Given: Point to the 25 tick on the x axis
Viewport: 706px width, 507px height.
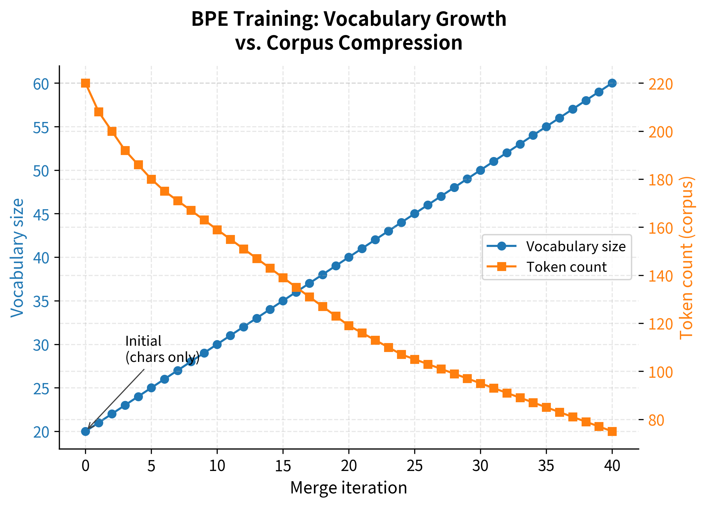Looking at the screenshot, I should [x=415, y=466].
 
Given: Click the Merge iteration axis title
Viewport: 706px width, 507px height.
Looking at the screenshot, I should [x=348, y=488].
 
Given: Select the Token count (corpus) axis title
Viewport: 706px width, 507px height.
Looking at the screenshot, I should [x=686, y=258].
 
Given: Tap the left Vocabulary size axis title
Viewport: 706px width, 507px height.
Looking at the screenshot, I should [x=17, y=258].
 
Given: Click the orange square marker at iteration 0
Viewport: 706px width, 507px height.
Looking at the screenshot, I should [x=85, y=83].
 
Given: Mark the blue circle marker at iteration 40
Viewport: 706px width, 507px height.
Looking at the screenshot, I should [x=612, y=83].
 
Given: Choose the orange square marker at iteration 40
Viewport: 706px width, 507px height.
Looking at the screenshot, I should [x=612, y=431].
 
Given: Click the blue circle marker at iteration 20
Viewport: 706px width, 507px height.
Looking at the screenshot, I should [x=349, y=257].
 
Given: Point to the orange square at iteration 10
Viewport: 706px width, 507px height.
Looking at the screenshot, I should [x=217, y=230].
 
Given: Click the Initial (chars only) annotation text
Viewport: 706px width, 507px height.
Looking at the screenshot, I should [x=162, y=349].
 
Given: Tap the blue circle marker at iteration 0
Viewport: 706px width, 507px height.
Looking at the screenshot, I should [x=85, y=431].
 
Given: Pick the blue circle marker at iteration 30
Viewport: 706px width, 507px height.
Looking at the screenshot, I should [x=480, y=170].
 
